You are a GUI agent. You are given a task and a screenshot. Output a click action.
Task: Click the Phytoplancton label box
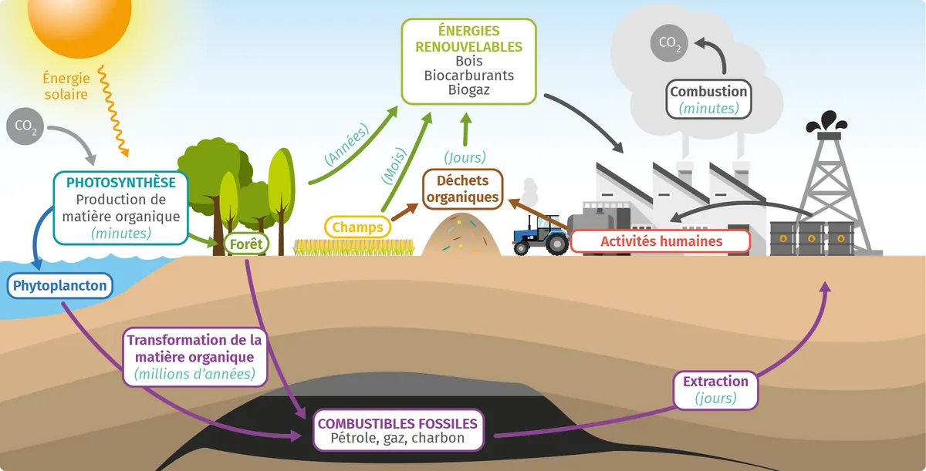tap(59, 286)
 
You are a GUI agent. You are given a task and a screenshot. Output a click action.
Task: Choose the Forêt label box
tap(246, 244)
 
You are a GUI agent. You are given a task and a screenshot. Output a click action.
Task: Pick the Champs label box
tap(358, 227)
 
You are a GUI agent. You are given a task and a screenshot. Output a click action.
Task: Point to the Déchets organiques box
tap(462, 190)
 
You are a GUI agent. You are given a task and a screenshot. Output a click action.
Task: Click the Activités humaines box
tap(661, 241)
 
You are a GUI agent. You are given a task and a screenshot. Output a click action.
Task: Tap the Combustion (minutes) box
tap(708, 99)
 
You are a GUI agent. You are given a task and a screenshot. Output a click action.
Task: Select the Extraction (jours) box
tap(715, 389)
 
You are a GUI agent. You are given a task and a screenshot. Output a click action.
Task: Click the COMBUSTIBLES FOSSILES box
tap(397, 430)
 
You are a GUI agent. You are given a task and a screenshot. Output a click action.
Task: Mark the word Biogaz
tap(468, 89)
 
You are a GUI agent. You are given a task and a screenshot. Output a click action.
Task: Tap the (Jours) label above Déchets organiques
tap(465, 157)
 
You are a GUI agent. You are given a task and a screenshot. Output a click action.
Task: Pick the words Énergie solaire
tap(66, 86)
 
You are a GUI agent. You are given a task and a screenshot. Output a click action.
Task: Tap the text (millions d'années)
tap(194, 375)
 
